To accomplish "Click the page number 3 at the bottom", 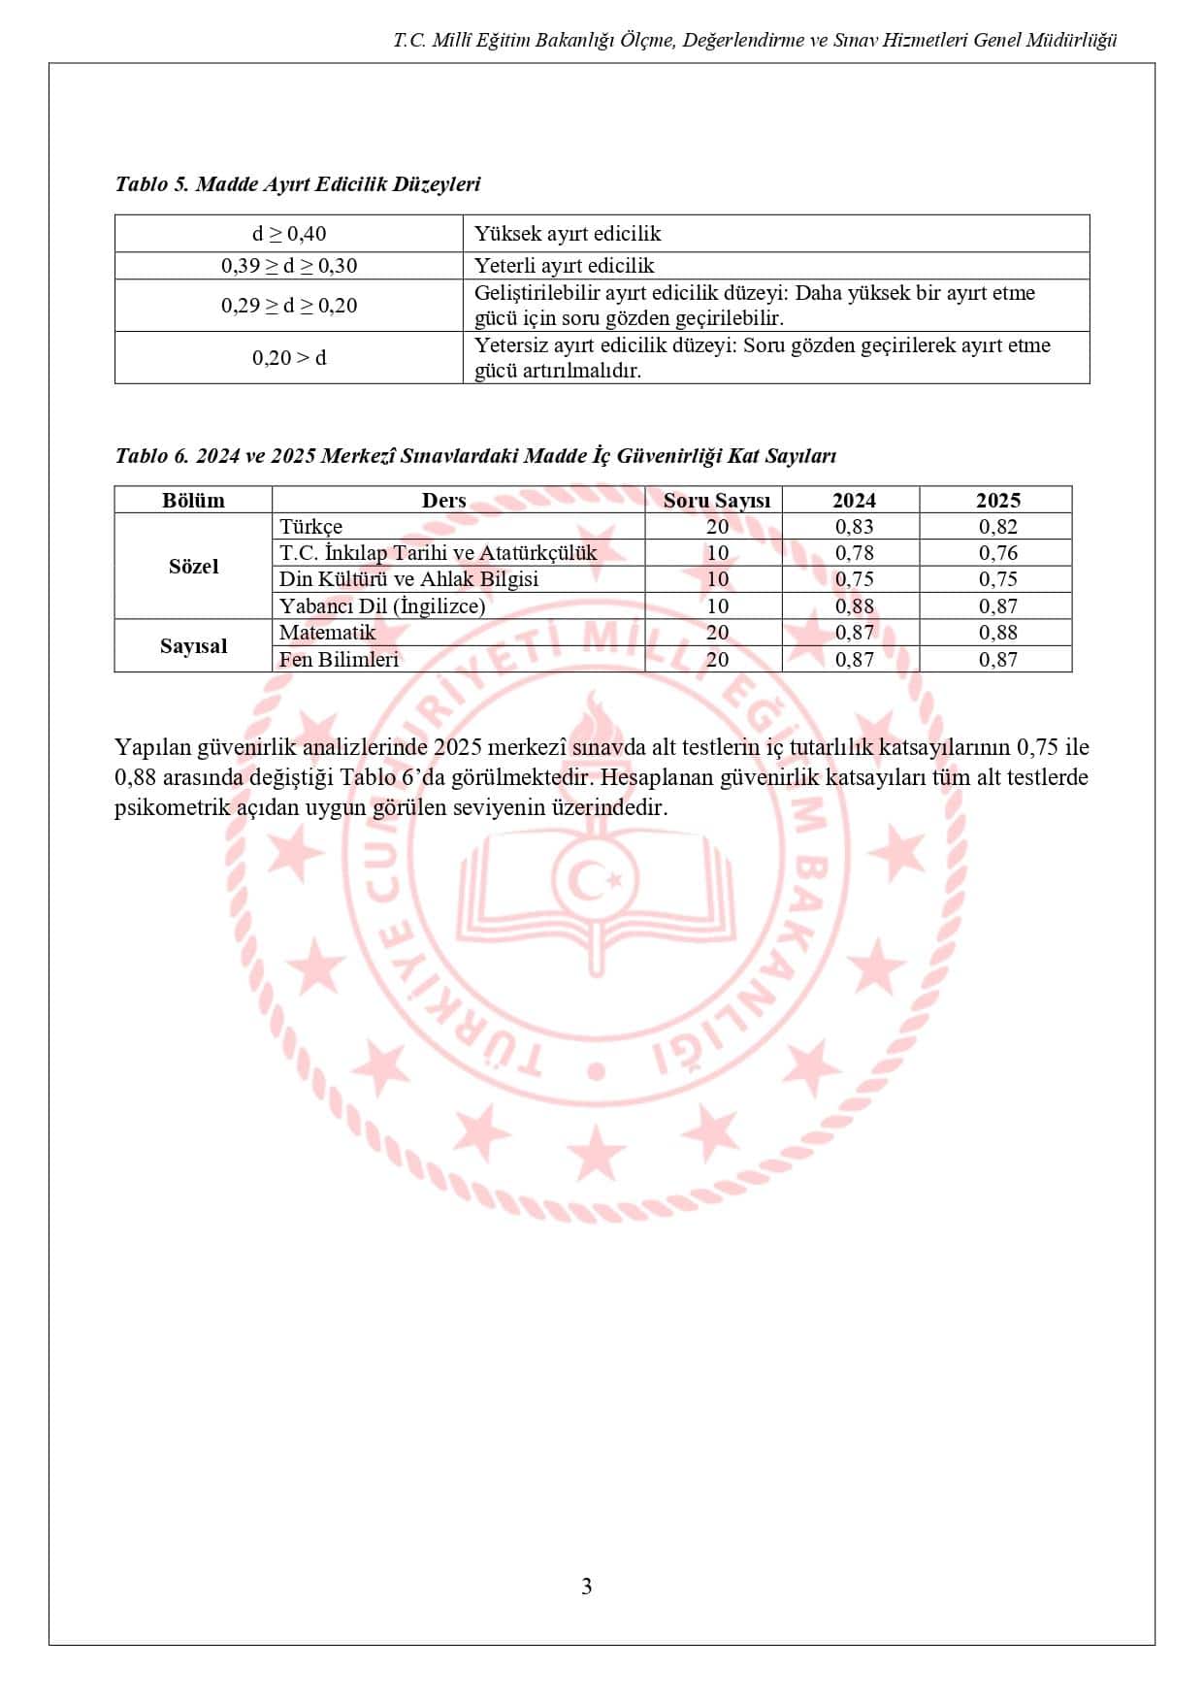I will pyautogui.click(x=586, y=1587).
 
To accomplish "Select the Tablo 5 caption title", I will pyautogui.click(x=298, y=184).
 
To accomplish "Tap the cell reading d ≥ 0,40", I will pyautogui.click(x=289, y=234).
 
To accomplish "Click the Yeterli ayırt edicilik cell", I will pyautogui.click(x=564, y=266).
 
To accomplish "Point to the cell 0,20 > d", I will pyautogui.click(x=289, y=358).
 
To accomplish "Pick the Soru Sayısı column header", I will pyautogui.click(x=716, y=501).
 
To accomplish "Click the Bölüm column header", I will pyautogui.click(x=193, y=501).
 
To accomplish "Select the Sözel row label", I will pyautogui.click(x=193, y=567).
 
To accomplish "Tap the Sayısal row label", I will pyautogui.click(x=193, y=646).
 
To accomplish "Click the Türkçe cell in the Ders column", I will pyautogui.click(x=311, y=527).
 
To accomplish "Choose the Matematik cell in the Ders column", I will pyautogui.click(x=327, y=633).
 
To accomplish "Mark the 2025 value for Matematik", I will pyautogui.click(x=997, y=633).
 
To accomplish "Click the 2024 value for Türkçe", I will pyautogui.click(x=854, y=527).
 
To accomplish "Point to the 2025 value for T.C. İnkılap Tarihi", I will pyautogui.click(x=997, y=553).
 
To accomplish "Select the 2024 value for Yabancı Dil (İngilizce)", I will pyautogui.click(x=854, y=606).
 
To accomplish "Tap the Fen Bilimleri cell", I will pyautogui.click(x=340, y=660).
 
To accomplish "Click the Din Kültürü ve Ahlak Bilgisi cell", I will pyautogui.click(x=408, y=579).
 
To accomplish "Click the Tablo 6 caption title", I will pyautogui.click(x=475, y=456).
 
